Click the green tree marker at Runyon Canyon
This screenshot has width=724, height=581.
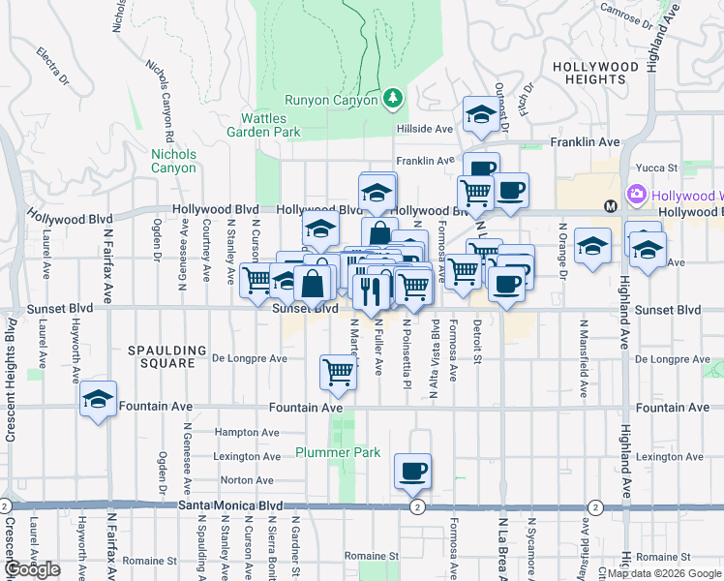coord(393,98)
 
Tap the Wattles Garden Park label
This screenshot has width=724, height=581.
coord(264,125)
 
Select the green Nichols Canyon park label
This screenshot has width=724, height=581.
coord(174,161)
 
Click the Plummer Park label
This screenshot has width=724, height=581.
coord(338,452)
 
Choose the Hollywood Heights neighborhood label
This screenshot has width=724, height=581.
coord(595,74)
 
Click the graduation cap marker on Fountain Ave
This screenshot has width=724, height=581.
coord(98,399)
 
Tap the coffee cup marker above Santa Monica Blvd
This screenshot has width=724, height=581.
coord(412,472)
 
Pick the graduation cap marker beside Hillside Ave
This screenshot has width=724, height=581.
coord(480,115)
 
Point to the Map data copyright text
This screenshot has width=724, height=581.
coord(665,573)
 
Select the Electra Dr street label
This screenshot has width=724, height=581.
coord(53,63)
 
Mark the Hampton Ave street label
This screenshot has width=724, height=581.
coord(240,432)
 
